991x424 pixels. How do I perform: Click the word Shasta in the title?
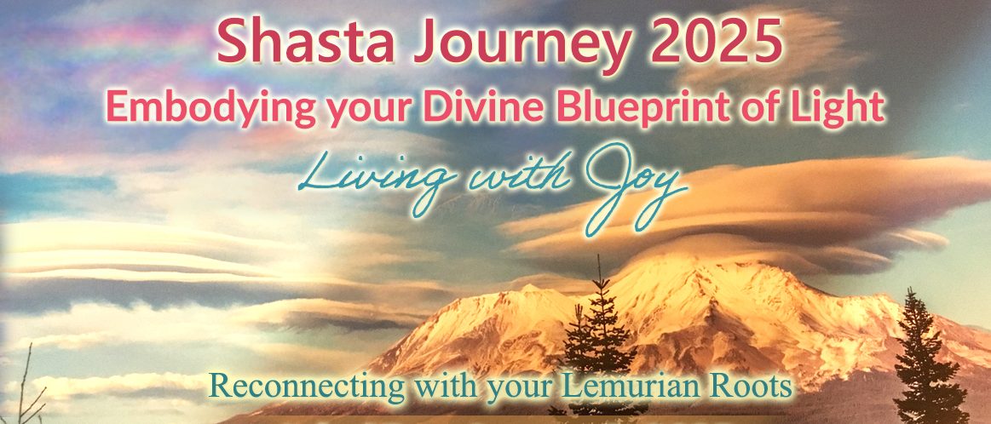[x=306, y=43]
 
